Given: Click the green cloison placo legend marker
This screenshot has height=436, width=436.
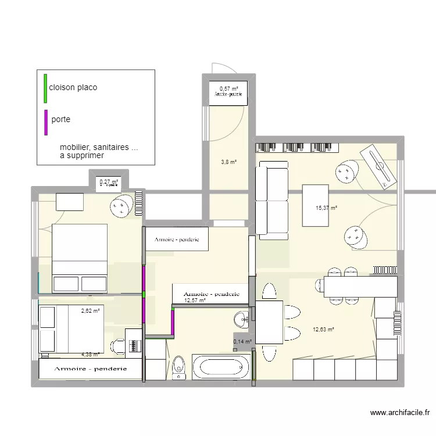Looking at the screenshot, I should point(45,88).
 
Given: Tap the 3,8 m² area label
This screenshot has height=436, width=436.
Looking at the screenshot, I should point(228,163).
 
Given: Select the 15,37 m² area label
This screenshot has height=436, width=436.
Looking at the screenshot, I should point(326,208).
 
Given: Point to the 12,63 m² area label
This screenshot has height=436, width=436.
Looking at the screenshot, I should point(324,330).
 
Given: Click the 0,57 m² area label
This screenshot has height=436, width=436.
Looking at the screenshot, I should point(228,88).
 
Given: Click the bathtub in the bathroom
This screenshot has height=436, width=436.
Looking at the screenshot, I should point(220,367).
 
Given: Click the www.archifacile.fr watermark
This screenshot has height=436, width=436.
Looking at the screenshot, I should point(400,413).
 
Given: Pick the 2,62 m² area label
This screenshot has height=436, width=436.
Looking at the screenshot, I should point(90,311).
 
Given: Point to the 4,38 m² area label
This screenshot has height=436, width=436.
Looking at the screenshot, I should point(90,354).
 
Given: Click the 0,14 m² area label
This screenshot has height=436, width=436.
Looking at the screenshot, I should point(242,342).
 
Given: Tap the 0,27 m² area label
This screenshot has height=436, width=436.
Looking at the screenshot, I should point(109,182).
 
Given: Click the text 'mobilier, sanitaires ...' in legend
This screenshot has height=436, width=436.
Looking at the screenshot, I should point(99,147).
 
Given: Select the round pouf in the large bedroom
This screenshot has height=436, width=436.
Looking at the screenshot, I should point(121,206).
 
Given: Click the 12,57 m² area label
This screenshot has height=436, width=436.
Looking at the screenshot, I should point(195,301).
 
